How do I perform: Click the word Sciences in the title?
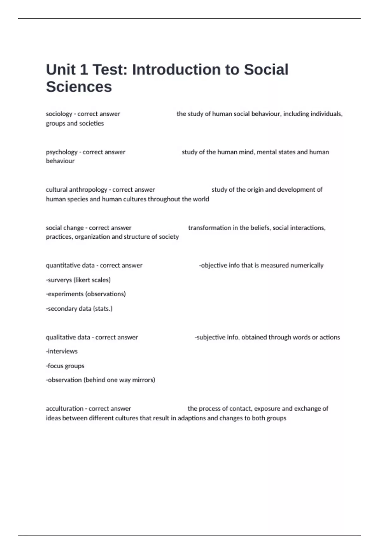[x=79, y=87]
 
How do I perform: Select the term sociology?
[x=59, y=114]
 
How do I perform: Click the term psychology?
[x=62, y=152]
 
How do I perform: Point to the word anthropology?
[x=88, y=189]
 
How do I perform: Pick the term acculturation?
[x=64, y=409]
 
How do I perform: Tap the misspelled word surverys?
[x=59, y=280]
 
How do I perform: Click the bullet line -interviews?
[x=62, y=351]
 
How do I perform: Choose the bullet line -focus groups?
[x=65, y=366]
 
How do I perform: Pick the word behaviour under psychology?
[x=60, y=161]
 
